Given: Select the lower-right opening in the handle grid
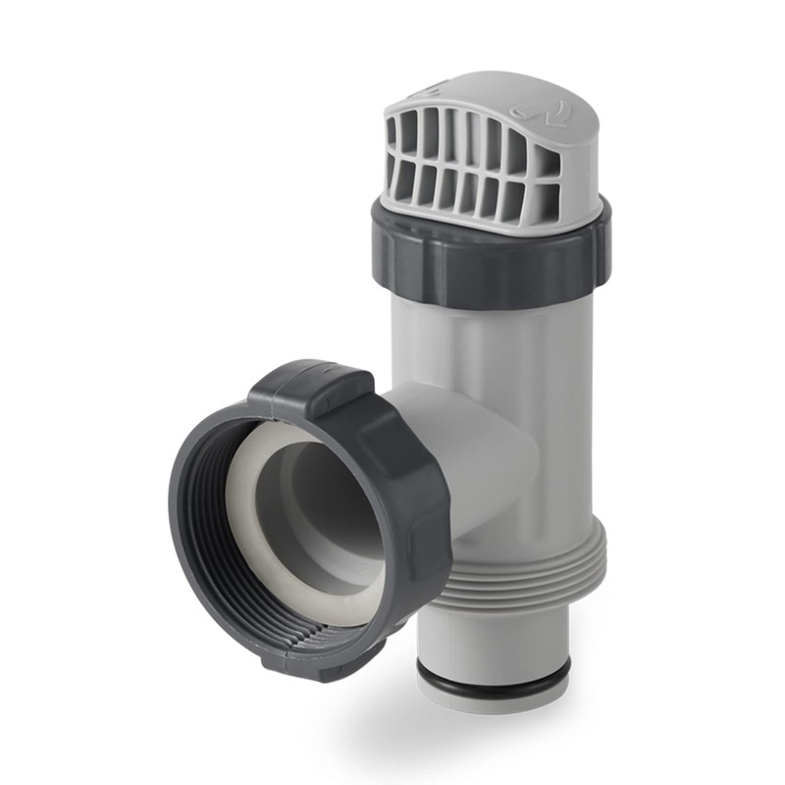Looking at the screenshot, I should (546, 202).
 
